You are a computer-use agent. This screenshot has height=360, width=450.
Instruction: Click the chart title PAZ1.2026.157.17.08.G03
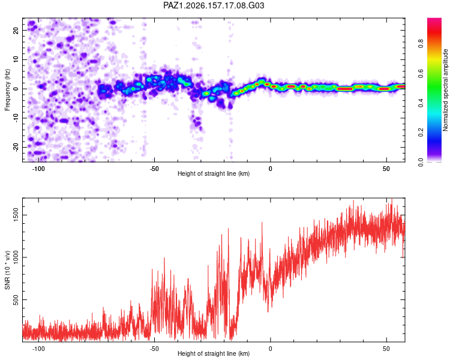coord(214,5)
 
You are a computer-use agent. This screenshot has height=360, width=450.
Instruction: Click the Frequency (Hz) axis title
coord(7,89)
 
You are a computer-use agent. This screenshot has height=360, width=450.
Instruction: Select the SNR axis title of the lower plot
coord(7,270)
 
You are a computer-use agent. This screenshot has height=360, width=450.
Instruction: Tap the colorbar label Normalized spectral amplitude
coord(445,90)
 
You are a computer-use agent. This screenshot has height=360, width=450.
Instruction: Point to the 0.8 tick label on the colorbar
coord(421,43)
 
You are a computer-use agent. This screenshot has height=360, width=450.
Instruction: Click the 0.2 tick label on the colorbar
coord(421,133)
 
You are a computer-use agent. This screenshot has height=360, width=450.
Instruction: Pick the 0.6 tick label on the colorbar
coord(421,73)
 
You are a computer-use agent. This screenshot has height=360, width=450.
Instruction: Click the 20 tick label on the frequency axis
coord(16,31)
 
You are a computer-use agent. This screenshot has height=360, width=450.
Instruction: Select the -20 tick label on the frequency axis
coord(16,148)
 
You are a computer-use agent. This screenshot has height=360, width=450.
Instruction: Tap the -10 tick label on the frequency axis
coord(16,118)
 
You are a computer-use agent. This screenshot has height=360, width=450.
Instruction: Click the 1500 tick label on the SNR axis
coord(16,215)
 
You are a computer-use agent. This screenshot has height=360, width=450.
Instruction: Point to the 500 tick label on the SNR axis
coord(16,300)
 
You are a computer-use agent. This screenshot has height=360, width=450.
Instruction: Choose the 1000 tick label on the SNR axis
coord(16,257)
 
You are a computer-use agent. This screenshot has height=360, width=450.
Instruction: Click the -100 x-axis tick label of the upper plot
coord(38,169)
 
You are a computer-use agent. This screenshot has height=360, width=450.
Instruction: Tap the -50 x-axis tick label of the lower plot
coord(154,349)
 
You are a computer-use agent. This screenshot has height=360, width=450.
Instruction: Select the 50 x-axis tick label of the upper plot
coord(386,169)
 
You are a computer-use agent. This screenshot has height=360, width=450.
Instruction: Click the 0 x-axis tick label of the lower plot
coord(271,349)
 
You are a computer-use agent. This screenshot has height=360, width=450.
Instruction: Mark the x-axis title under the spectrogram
coord(214,173)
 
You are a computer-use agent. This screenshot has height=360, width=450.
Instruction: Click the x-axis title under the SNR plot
coord(214,353)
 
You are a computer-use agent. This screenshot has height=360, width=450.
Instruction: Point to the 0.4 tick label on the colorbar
coord(421,103)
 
